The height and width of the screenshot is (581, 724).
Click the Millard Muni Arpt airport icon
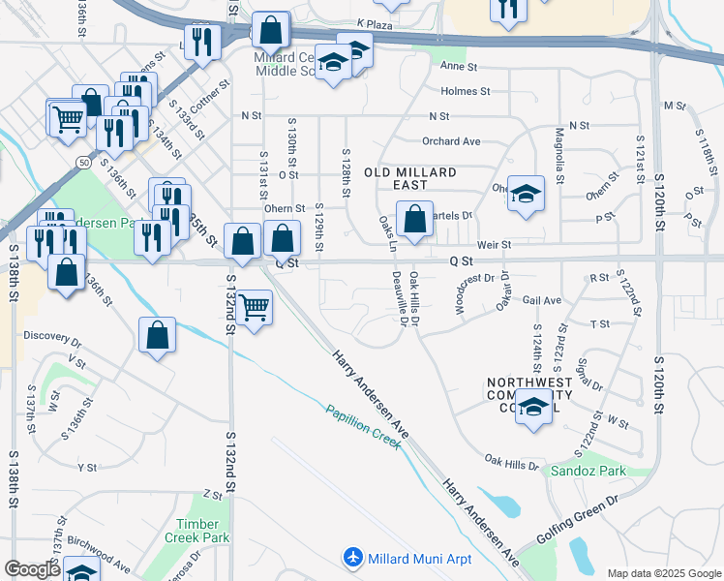pos(353,559)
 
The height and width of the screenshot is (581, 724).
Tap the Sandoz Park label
pos(588,472)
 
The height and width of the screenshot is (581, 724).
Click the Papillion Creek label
pos(363,422)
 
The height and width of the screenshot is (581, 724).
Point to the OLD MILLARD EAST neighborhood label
pos(409,172)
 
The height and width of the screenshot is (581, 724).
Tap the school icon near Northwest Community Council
pos(532,408)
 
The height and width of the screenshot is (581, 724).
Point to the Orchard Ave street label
pos(451,141)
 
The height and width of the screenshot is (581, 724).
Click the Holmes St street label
pos(465,91)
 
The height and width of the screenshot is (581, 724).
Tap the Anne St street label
pos(459,67)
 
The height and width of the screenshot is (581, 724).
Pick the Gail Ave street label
pos(542,301)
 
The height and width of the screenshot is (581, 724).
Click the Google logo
pos(32,569)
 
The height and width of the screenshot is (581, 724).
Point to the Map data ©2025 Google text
pos(663,573)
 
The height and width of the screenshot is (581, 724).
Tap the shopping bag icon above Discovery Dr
pos(157,336)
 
